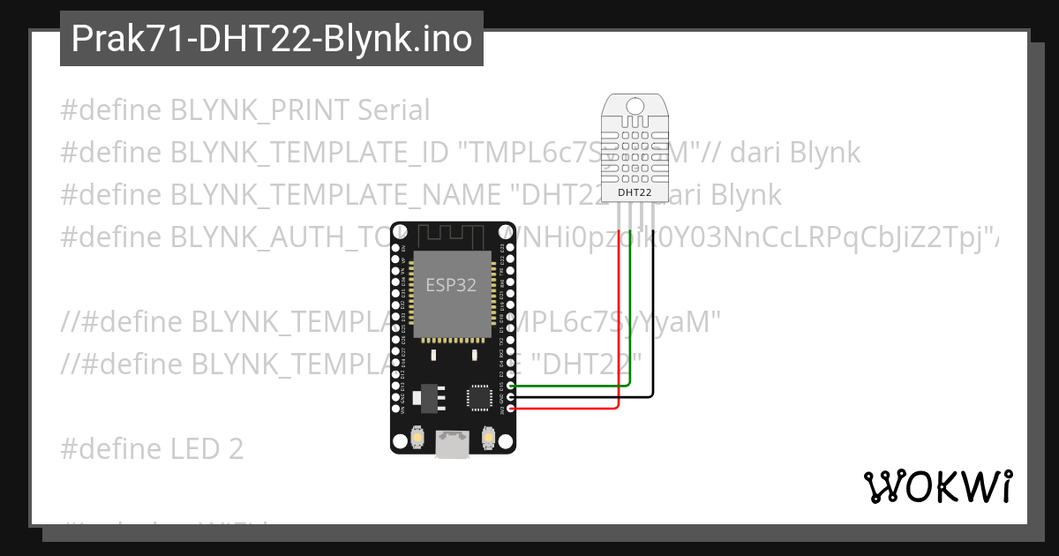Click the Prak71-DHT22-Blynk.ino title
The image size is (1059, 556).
pos(271,39)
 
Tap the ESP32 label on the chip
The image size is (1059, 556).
pos(452,285)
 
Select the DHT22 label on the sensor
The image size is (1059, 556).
pos(635,192)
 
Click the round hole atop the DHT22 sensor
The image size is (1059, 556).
pos(635,105)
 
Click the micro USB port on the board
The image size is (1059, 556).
pos(452,443)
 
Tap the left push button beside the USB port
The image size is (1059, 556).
pos(417,436)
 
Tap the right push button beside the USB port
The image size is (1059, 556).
pos(487,436)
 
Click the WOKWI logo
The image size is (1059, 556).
pos(938,486)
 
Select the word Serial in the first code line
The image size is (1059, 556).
pos(394,110)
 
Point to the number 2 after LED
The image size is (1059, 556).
pos(235,449)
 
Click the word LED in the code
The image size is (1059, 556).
pos(194,449)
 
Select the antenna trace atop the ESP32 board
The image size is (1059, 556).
pos(452,236)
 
